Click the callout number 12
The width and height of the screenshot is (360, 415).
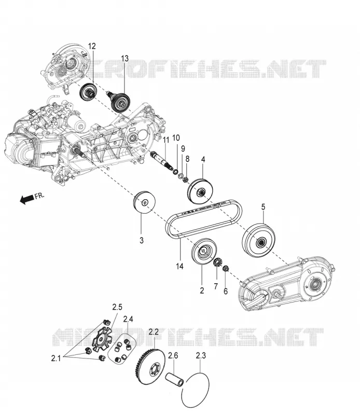(92, 46)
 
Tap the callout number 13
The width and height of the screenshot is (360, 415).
(125, 58)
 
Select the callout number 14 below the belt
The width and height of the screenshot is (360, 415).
(179, 266)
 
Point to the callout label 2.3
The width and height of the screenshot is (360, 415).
(201, 355)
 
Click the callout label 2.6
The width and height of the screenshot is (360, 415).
(173, 355)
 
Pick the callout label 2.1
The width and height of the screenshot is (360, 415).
(56, 358)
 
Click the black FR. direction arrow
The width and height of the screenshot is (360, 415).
(26, 199)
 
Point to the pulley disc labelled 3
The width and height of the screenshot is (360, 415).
(144, 202)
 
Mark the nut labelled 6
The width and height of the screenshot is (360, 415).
(226, 269)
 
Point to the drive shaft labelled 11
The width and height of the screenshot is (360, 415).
(162, 160)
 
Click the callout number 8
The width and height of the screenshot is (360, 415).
(187, 159)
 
